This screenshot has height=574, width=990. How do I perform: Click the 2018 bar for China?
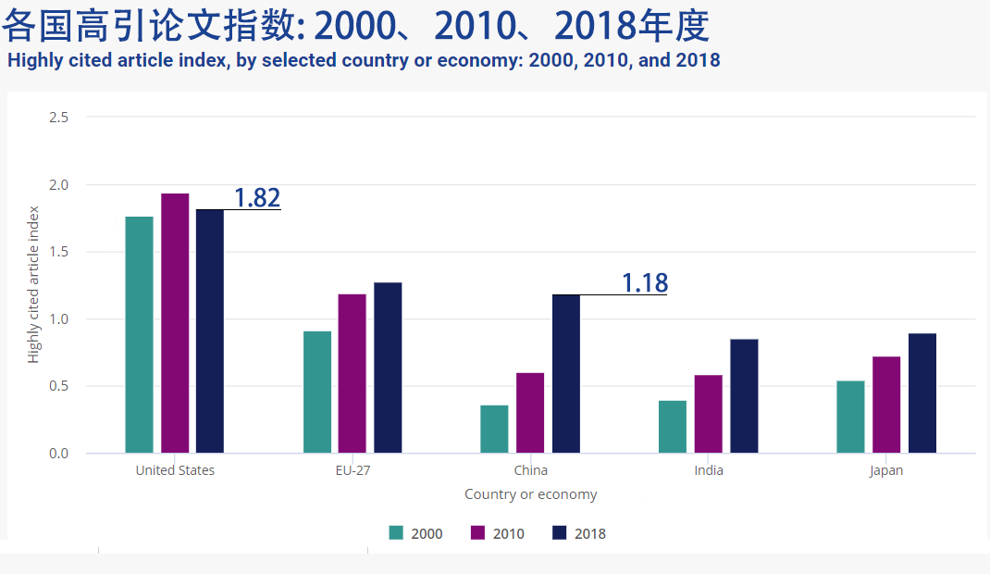pyautogui.click(x=566, y=374)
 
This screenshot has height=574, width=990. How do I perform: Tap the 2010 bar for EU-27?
pyautogui.click(x=352, y=374)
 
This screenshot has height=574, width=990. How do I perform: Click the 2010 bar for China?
pyautogui.click(x=530, y=413)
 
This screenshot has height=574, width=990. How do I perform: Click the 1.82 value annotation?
pyautogui.click(x=256, y=197)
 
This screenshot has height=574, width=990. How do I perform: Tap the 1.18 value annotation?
pyautogui.click(x=644, y=282)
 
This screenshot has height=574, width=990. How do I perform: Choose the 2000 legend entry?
pyautogui.click(x=415, y=533)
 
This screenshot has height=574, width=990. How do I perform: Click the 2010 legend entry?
pyautogui.click(x=498, y=533)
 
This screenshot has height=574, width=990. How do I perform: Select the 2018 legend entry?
pyautogui.click(x=578, y=533)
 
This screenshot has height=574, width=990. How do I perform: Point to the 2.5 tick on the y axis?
pyautogui.click(x=59, y=118)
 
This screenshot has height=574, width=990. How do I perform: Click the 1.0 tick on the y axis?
pyautogui.click(x=59, y=319)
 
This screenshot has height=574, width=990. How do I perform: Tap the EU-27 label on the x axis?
pyautogui.click(x=353, y=470)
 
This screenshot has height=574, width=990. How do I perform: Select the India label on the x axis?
pyautogui.click(x=709, y=470)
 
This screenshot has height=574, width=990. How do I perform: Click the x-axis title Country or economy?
pyautogui.click(x=530, y=494)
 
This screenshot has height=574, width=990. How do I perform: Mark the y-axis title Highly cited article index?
pyautogui.click(x=34, y=285)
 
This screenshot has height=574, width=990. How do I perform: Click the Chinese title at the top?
pyautogui.click(x=355, y=27)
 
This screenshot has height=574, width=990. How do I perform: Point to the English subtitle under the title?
pyautogui.click(x=364, y=61)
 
